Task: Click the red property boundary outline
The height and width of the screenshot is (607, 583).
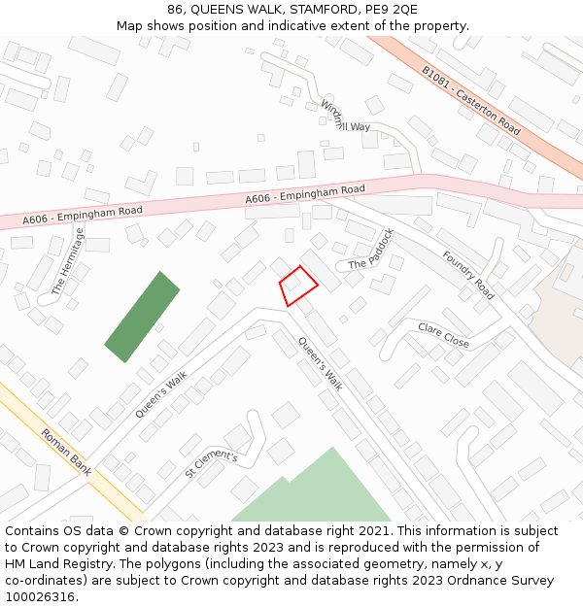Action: tap(299, 286)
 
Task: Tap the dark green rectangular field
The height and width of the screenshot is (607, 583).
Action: tap(142, 317)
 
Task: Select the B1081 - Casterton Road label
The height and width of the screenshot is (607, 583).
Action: tap(471, 100)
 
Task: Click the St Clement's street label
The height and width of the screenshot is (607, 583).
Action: tap(211, 464)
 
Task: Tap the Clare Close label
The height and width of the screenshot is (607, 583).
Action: tap(443, 335)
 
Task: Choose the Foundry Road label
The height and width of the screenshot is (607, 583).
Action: tap(468, 275)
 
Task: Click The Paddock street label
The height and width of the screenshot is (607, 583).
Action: tap(371, 250)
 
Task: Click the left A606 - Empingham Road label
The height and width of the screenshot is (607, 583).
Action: tap(83, 216)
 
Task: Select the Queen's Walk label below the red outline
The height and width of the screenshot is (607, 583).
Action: tap(321, 363)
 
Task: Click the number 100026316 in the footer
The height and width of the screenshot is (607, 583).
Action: tap(41, 597)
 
